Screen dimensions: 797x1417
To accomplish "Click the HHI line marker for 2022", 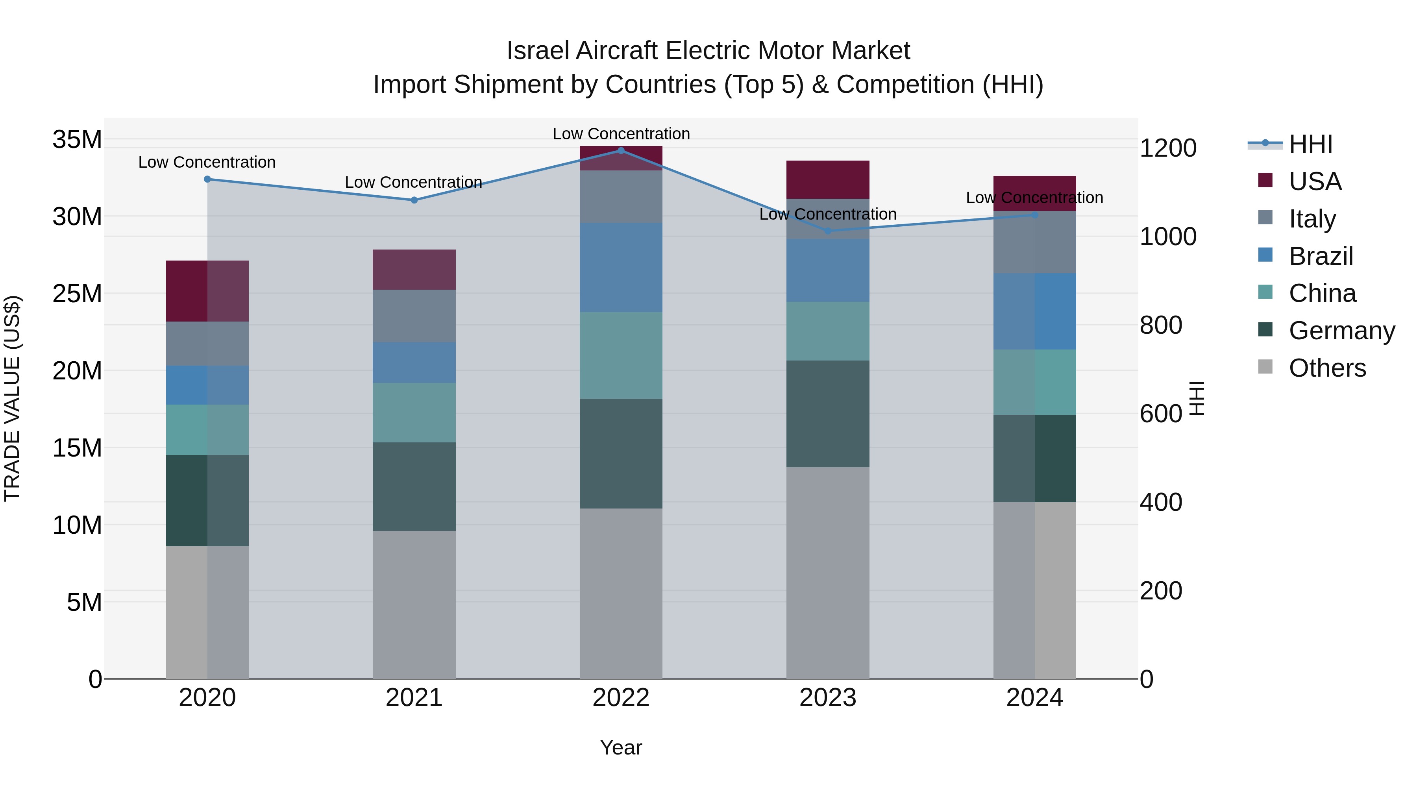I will click(621, 150).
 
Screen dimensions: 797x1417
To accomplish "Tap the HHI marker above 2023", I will click(828, 231).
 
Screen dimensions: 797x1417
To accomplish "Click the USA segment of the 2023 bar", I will click(828, 179).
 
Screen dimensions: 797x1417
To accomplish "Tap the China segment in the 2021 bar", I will click(414, 412).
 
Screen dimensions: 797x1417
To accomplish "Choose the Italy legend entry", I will click(1312, 219).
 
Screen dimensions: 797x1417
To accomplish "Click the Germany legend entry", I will click(1341, 331).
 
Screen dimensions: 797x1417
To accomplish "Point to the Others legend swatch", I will click(1265, 367).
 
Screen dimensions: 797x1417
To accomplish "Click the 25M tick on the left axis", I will click(77, 294).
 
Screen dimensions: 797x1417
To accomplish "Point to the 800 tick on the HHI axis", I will click(1161, 325).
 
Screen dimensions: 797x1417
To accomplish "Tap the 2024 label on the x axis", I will click(1034, 698).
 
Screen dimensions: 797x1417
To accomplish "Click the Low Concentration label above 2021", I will click(413, 182).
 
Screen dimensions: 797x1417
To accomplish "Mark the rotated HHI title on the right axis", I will click(1197, 398).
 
